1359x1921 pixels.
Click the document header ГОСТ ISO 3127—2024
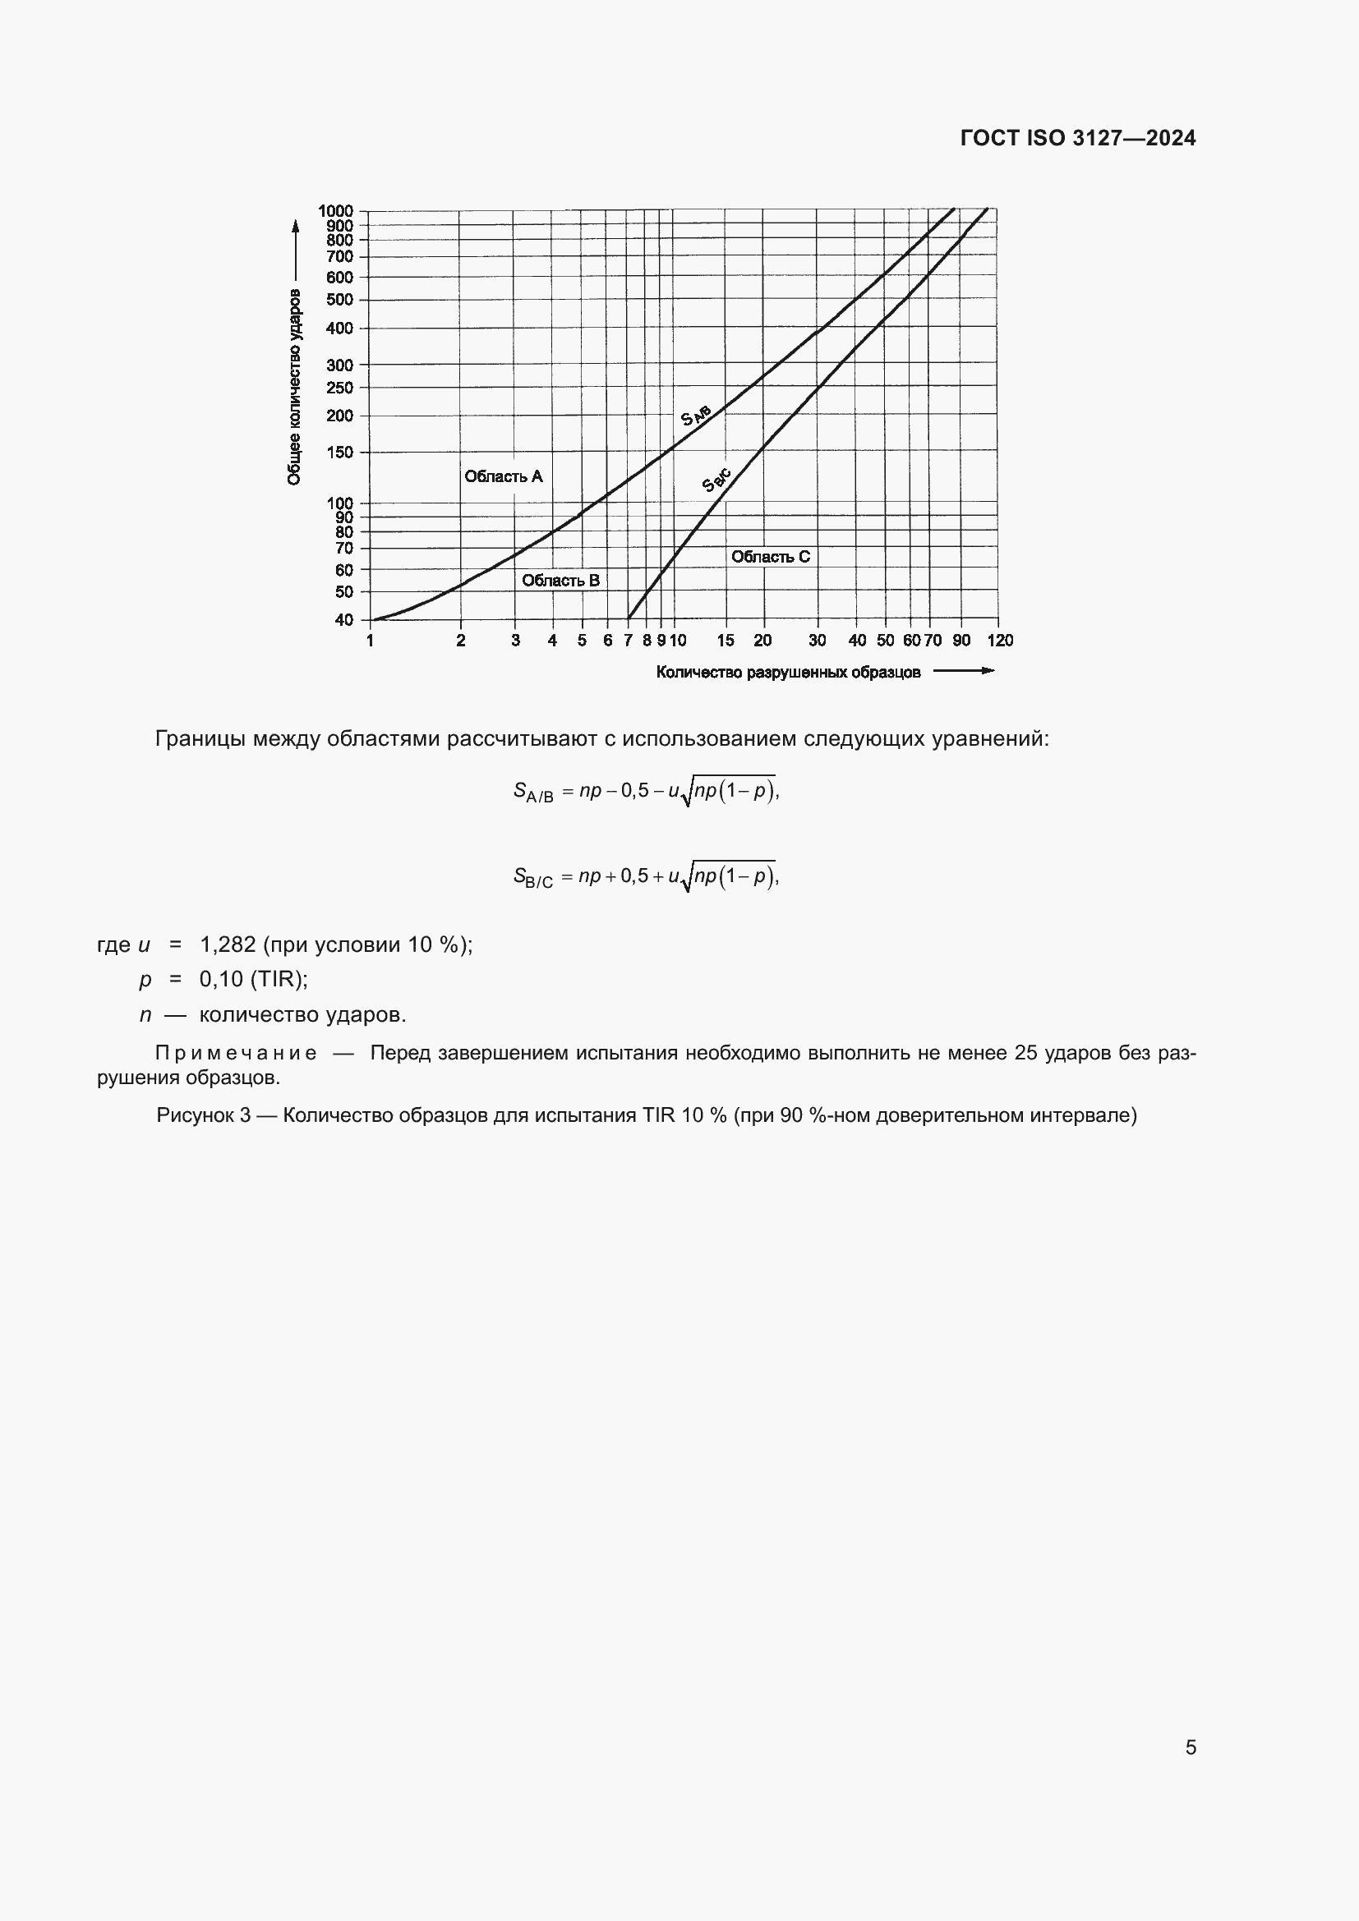1077,138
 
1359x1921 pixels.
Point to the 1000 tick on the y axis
335,211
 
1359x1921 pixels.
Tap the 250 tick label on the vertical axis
340,388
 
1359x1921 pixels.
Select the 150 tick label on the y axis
340,453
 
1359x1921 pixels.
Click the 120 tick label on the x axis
999,640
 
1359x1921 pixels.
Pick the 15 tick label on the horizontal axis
726,640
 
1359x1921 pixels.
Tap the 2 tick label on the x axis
461,640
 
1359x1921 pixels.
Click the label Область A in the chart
504,476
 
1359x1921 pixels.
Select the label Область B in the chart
560,580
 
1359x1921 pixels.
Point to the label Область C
770,556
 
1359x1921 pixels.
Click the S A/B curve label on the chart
695,414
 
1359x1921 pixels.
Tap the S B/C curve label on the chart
716,480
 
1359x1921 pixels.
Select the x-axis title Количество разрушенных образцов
787,672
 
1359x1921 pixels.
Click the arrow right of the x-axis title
963,670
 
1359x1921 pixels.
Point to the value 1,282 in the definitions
228,944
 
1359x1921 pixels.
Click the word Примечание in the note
236,1053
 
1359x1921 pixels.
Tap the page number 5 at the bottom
1190,1747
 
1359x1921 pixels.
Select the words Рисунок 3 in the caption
203,1115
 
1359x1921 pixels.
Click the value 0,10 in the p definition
221,979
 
